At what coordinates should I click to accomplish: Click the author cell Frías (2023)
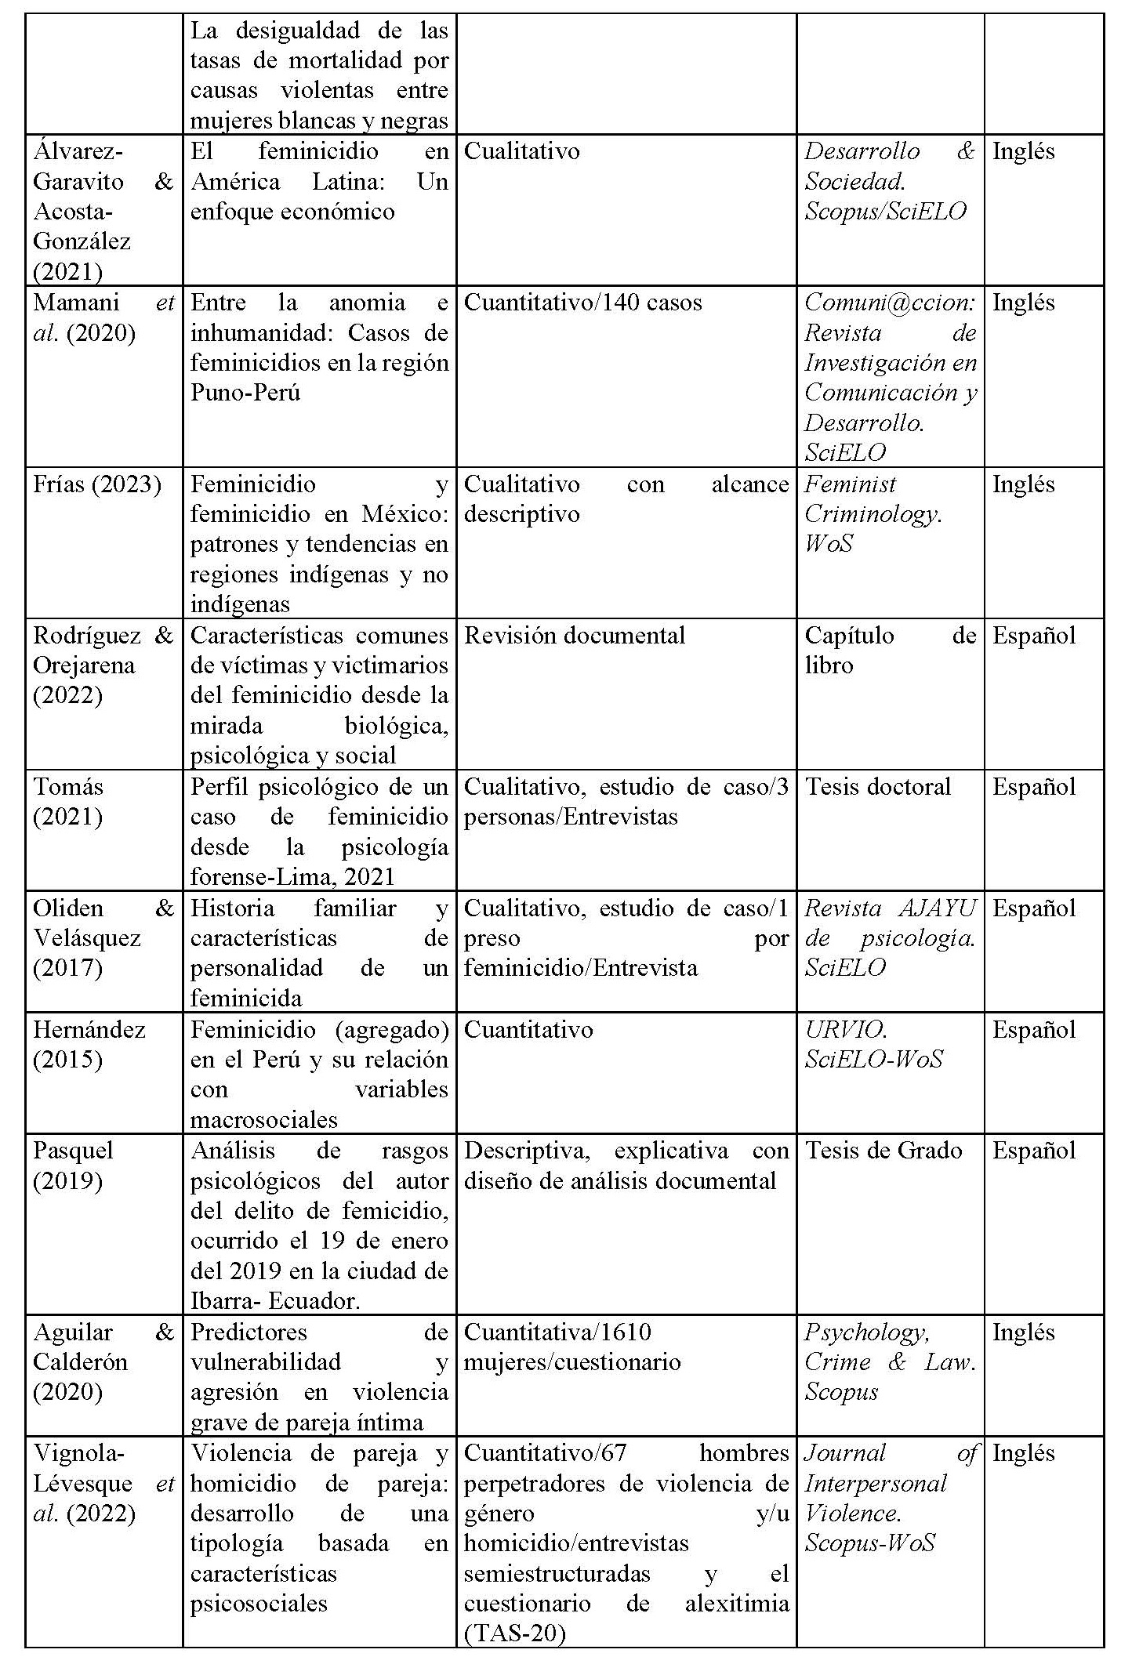tap(96, 484)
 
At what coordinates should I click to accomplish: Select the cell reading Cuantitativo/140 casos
tap(582, 303)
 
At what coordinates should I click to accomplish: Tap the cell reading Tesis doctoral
tap(878, 786)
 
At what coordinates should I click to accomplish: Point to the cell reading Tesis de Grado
tap(883, 1150)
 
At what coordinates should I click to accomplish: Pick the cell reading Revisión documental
tap(575, 635)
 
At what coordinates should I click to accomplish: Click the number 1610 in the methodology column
tap(626, 1332)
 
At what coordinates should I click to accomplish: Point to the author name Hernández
tap(89, 1029)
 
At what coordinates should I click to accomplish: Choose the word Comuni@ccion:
tap(890, 303)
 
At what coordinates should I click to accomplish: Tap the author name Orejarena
tap(84, 665)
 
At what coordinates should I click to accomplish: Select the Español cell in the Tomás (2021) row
tap(1034, 786)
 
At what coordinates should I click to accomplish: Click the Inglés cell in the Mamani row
tap(1023, 303)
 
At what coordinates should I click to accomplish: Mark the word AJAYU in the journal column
tap(937, 908)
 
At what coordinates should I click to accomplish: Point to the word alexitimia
tap(737, 1603)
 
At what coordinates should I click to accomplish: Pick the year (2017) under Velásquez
tap(67, 968)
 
